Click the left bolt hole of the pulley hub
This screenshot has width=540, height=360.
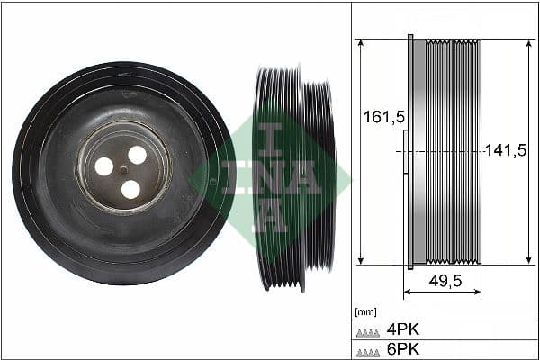click(x=104, y=166)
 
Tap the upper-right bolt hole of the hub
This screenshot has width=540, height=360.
click(x=137, y=155)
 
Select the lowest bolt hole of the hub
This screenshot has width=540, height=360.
click(x=130, y=189)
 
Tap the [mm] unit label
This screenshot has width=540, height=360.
click(x=365, y=312)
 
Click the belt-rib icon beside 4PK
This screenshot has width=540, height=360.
click(x=368, y=330)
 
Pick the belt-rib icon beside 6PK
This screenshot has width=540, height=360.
click(x=368, y=349)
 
